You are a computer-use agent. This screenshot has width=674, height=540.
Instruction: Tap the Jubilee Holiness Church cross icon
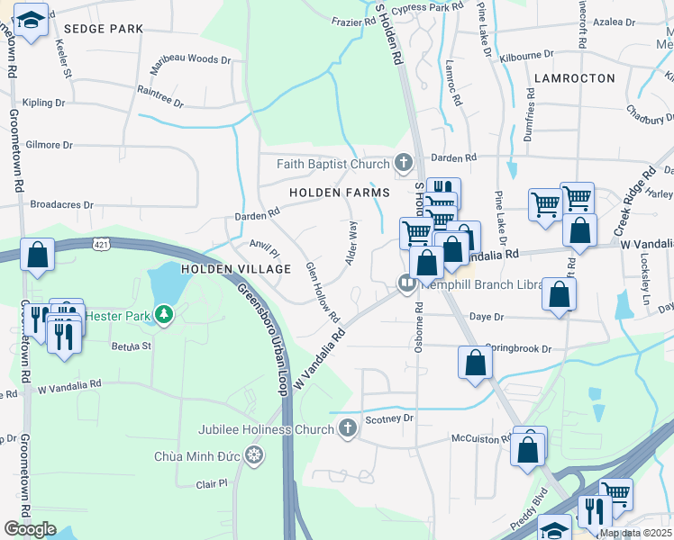click(x=349, y=429)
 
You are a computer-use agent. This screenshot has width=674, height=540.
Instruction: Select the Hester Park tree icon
click(x=163, y=314)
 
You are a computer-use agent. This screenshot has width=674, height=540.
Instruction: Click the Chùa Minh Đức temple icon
click(x=255, y=456)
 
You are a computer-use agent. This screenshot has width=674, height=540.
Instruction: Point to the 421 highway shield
click(x=101, y=243)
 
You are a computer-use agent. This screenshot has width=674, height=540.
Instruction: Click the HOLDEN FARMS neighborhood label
click(x=339, y=193)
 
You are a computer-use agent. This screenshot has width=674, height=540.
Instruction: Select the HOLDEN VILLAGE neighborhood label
click(x=236, y=269)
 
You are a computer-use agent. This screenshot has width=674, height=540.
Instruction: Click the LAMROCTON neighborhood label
click(x=574, y=78)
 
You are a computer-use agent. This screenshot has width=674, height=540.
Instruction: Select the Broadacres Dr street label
click(x=61, y=204)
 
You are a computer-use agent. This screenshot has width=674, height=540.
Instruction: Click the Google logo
click(x=30, y=529)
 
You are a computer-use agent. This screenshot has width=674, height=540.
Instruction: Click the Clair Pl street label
click(x=212, y=483)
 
